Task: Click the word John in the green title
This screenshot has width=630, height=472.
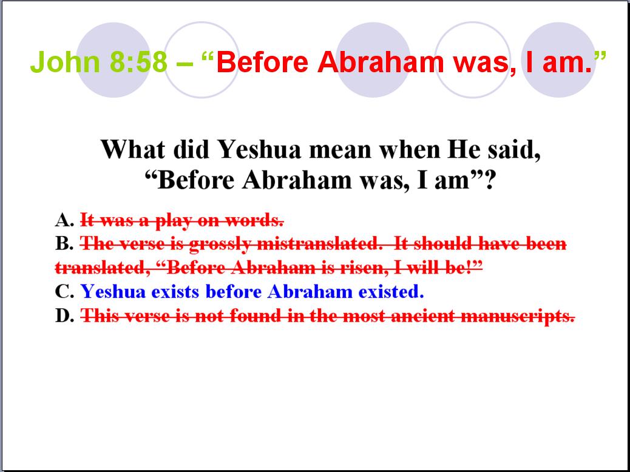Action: [x=65, y=61]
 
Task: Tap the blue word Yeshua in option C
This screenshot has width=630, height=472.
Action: [x=113, y=292]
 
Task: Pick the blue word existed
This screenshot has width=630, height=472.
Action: [x=391, y=292]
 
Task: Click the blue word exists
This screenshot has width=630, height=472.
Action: [x=175, y=292]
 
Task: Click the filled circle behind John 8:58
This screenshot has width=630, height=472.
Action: [x=113, y=60]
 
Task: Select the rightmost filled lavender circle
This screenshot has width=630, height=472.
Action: [x=558, y=60]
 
